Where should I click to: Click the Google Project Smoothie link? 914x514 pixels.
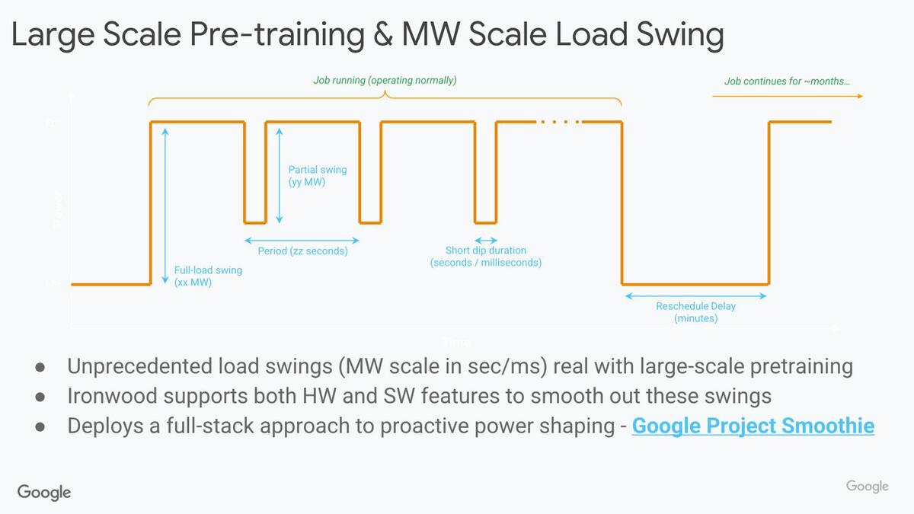pos(753,426)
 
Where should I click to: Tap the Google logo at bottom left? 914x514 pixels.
pos(44,492)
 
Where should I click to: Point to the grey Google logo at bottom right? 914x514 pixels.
pos(867,487)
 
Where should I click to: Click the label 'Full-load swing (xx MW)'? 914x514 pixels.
pos(208,276)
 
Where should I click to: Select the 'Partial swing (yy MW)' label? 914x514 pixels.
pos(317,176)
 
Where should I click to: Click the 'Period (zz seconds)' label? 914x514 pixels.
pos(302,251)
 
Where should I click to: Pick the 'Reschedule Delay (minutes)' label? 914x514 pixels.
pos(695,312)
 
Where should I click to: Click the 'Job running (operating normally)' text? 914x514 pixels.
pos(385,80)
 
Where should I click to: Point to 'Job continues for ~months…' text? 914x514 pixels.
pos(787,81)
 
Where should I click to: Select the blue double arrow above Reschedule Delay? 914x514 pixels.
pos(695,295)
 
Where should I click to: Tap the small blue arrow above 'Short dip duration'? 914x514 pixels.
pos(485,241)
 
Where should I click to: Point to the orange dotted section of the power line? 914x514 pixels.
pos(560,122)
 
